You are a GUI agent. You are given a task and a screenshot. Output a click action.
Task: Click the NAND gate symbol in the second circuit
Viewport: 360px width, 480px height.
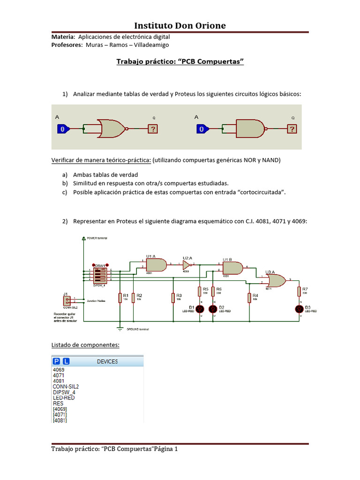click(250, 128)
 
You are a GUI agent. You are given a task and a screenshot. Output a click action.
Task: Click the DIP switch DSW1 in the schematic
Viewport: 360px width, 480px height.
click(99, 274)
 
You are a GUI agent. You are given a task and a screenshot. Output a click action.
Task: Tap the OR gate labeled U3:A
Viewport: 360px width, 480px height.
click(276, 281)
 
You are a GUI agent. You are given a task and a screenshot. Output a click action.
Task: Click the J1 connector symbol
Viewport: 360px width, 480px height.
click(66, 300)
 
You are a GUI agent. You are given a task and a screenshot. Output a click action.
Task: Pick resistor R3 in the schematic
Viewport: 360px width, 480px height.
click(174, 297)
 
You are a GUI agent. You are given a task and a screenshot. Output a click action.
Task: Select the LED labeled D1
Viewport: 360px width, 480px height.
click(199, 308)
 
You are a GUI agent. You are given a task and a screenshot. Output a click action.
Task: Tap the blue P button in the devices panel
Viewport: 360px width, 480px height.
click(57, 361)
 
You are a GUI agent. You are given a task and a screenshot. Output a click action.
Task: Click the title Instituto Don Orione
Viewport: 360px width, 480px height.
click(180, 25)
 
